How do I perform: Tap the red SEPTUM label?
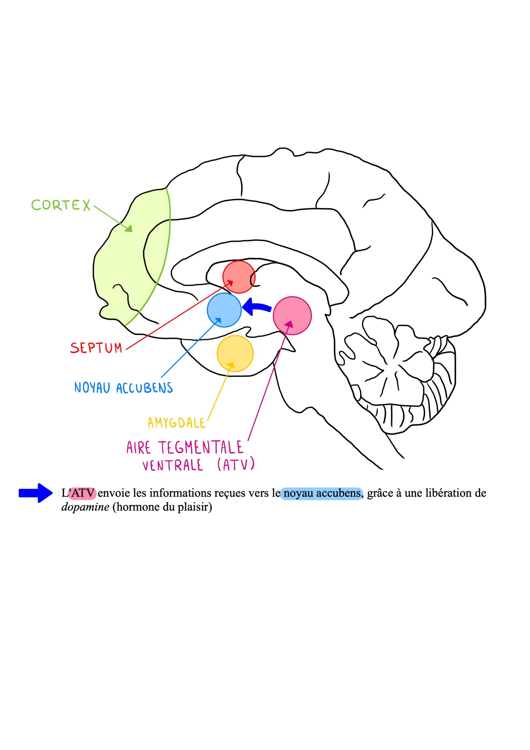click(96, 348)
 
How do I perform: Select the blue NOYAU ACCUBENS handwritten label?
click(124, 388)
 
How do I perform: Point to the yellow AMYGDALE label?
click(176, 423)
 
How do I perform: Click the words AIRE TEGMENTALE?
click(185, 448)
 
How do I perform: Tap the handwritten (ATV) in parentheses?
click(236, 465)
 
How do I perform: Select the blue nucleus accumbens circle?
click(224, 310)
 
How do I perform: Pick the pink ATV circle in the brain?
click(292, 316)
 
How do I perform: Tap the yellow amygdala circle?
click(235, 353)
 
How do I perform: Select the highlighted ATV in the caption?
click(83, 493)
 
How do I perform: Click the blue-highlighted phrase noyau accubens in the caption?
click(322, 493)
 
